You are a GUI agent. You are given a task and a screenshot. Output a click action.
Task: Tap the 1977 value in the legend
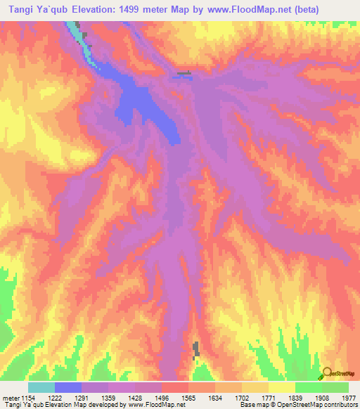pyautogui.click(x=348, y=397)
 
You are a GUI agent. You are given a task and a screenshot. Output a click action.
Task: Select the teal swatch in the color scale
pyautogui.click(x=41, y=387)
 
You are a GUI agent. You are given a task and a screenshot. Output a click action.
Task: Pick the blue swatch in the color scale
pyautogui.click(x=68, y=387)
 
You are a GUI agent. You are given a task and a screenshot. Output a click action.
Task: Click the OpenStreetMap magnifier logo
pyautogui.click(x=328, y=373)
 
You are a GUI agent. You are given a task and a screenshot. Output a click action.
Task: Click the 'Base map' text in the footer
pyautogui.click(x=254, y=405)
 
